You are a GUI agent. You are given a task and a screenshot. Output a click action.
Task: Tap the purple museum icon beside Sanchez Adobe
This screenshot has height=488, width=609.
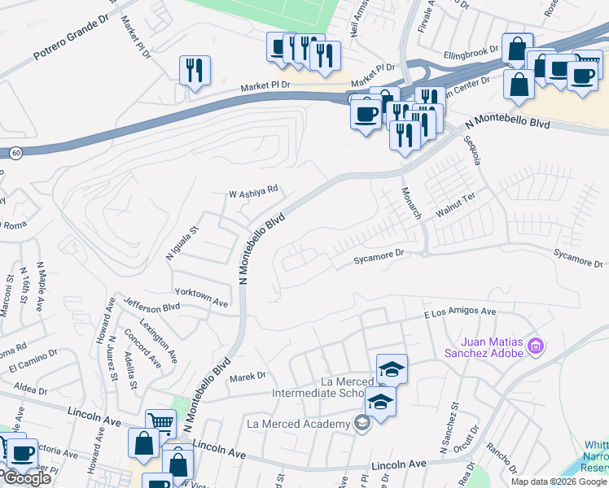(536, 347)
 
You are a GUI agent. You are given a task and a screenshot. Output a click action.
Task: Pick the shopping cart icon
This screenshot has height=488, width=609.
(160, 422)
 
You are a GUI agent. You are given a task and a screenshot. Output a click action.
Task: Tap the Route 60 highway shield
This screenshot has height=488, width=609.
(15, 152)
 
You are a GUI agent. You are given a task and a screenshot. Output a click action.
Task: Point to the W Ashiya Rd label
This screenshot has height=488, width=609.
(252, 192)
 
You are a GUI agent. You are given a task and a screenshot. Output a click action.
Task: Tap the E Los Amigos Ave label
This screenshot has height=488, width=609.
(460, 312)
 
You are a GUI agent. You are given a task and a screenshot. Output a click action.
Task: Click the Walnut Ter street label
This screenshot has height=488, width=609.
(454, 201)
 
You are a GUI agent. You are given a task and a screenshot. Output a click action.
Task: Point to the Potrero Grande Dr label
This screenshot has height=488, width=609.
(71, 41)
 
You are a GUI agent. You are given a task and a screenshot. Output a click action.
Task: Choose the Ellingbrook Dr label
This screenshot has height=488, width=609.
(471, 54)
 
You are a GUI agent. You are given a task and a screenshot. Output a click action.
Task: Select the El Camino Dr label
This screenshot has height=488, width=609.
(33, 361)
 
